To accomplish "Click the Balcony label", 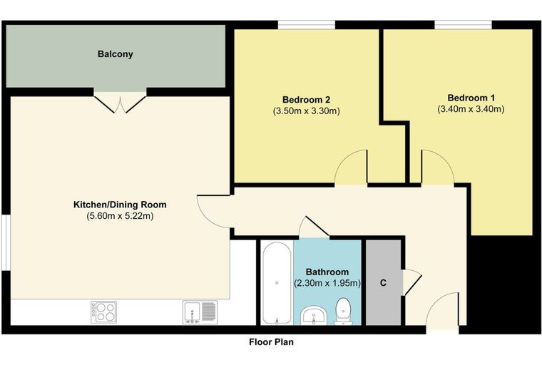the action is point(115,54).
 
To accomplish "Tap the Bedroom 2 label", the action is point(306,100).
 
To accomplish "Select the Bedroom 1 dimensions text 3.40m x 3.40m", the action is point(471,109).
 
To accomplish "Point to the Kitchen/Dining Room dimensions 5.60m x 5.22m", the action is point(120,216).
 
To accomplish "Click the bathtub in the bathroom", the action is point(277,283).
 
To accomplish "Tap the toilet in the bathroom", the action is point(344,312).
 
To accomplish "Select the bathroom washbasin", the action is point(314,315).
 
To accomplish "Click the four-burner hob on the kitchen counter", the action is point(103,312).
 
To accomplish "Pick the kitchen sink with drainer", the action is point(200,312).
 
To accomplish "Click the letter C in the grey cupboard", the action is point(383,283).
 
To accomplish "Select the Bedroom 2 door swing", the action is point(351,168).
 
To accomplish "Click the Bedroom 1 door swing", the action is point(437,168).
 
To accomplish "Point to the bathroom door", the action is point(314,227).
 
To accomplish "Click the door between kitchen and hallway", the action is point(215,212).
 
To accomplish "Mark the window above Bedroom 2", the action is point(307,25).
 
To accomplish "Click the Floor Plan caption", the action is point(271,342).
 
